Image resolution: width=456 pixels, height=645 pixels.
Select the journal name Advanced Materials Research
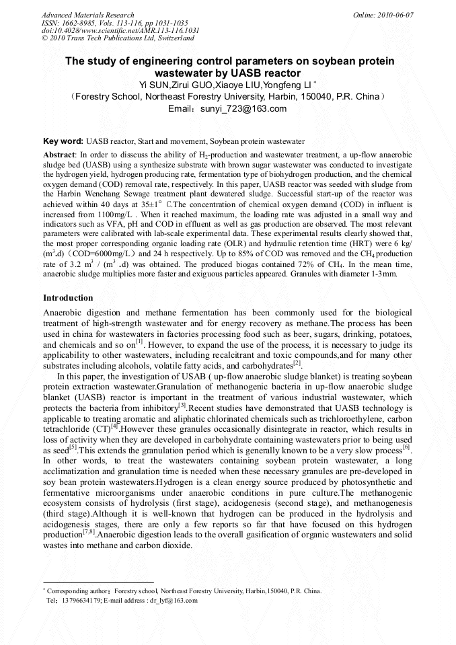[87, 15]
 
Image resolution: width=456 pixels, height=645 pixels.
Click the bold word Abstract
[60, 154]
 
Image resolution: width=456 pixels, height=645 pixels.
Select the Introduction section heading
[68, 297]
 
